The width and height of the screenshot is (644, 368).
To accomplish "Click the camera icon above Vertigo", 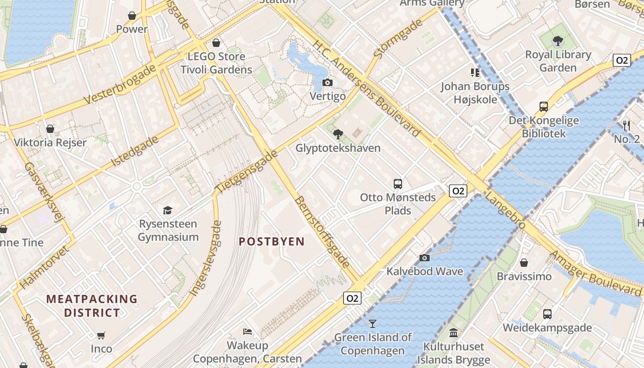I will click(327, 83).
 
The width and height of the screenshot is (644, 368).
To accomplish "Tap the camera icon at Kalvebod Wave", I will click(424, 258).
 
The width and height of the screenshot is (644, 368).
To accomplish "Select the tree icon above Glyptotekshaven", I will click(338, 134).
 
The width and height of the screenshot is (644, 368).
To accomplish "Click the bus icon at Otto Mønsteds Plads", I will click(398, 184).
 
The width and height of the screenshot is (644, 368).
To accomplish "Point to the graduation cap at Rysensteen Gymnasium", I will click(168, 210).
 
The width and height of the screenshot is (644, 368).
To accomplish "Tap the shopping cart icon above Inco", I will click(101, 335).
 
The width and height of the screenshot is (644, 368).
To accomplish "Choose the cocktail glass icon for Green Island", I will click(373, 324).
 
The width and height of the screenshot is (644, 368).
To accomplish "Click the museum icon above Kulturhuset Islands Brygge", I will click(454, 333).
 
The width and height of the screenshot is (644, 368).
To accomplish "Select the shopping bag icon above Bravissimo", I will click(524, 263).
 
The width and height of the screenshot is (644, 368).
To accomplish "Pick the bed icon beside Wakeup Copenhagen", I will click(247, 332).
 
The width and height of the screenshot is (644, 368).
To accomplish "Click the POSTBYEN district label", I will click(271, 242).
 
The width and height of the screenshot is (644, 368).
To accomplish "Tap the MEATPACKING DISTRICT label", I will click(92, 306).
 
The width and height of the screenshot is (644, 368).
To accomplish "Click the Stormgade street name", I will click(397, 39).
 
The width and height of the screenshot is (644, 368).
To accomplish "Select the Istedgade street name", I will click(135, 151).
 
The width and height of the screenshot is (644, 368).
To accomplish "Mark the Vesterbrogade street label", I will click(120, 84).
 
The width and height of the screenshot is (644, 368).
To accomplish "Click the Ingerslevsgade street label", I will click(205, 259).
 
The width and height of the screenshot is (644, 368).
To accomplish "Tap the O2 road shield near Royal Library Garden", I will click(621, 60).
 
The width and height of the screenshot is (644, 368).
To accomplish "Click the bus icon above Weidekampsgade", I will click(547, 314).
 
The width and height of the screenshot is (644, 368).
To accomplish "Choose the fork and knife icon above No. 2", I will click(626, 125).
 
